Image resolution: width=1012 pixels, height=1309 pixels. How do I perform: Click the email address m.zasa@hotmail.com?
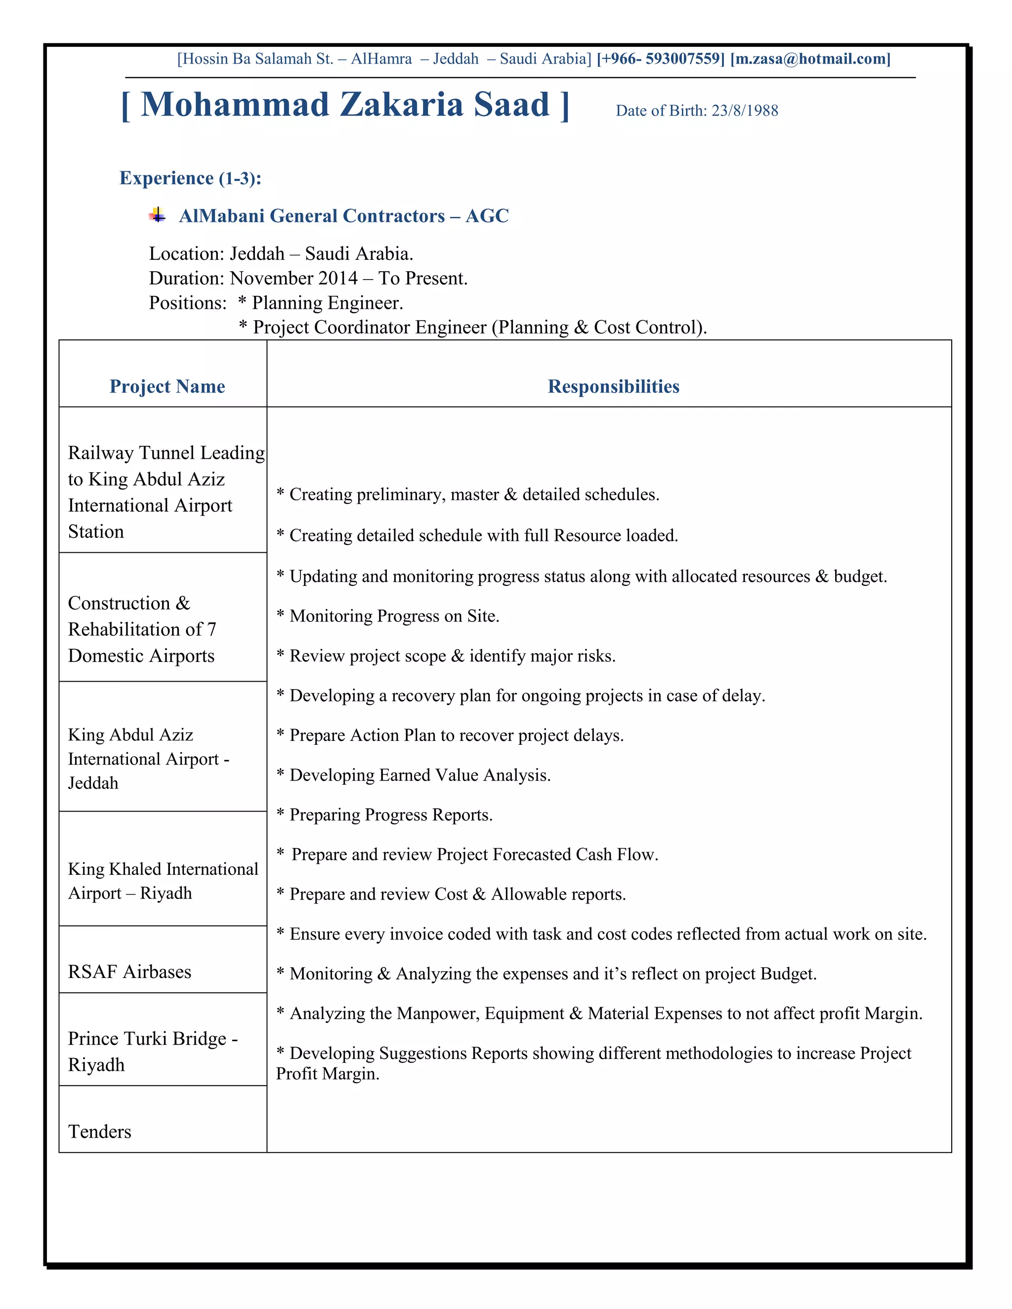click(x=810, y=59)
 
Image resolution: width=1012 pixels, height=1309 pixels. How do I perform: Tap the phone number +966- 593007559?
click(x=661, y=59)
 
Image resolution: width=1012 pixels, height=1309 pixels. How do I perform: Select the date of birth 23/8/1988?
click(x=745, y=111)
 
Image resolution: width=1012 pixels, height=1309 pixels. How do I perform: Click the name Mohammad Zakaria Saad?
click(x=345, y=105)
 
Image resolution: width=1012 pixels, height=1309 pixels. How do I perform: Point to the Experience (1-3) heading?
click(x=190, y=178)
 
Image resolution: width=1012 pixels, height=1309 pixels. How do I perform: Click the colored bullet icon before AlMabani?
click(x=157, y=214)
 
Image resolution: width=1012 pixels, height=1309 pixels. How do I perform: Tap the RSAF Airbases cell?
click(x=129, y=972)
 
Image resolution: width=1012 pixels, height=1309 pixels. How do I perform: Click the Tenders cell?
click(x=99, y=1132)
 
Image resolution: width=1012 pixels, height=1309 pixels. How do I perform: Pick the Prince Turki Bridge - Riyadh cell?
click(x=153, y=1051)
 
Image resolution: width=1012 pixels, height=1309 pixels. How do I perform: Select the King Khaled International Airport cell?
click(x=163, y=880)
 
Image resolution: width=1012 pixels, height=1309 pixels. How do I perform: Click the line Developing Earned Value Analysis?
click(x=419, y=776)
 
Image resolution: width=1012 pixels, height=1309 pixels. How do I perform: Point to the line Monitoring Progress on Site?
click(x=394, y=616)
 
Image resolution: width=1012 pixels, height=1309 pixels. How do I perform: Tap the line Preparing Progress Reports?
click(x=390, y=815)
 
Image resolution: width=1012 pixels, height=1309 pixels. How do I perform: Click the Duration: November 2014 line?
click(x=308, y=279)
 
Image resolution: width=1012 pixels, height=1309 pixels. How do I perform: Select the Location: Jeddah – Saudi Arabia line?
click(x=281, y=254)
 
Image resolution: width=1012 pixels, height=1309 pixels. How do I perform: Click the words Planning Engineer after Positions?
click(x=327, y=303)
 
